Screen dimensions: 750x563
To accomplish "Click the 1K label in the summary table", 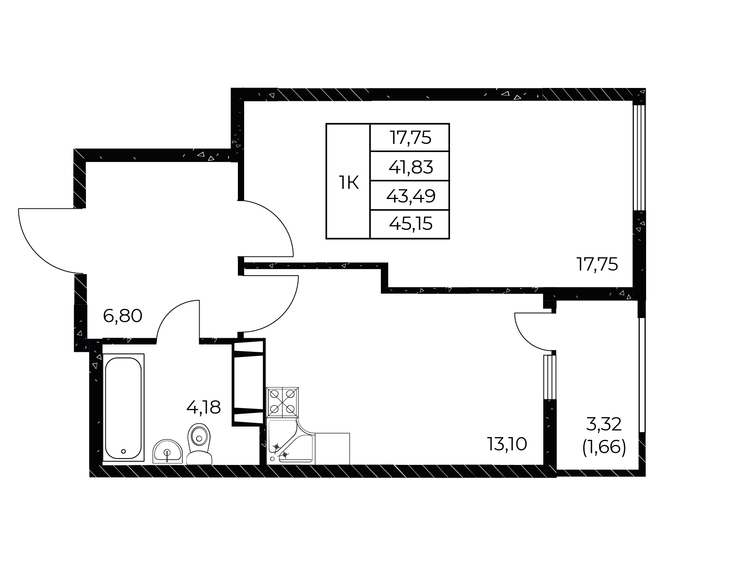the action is (348, 183).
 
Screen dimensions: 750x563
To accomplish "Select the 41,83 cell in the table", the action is (411, 167).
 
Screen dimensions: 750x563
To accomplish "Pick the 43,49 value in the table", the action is (411, 196).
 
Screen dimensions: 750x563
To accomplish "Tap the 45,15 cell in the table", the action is (411, 224).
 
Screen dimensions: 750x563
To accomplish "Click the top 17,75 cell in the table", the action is (411, 138).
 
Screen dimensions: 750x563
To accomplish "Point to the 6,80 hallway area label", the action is (122, 316).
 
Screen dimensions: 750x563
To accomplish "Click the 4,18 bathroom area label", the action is (204, 407).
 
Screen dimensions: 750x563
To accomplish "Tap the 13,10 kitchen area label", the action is (507, 444).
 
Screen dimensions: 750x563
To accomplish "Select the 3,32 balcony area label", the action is (604, 424).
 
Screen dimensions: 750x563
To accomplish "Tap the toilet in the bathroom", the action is (199, 444).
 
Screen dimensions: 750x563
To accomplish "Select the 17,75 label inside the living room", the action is (597, 265).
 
